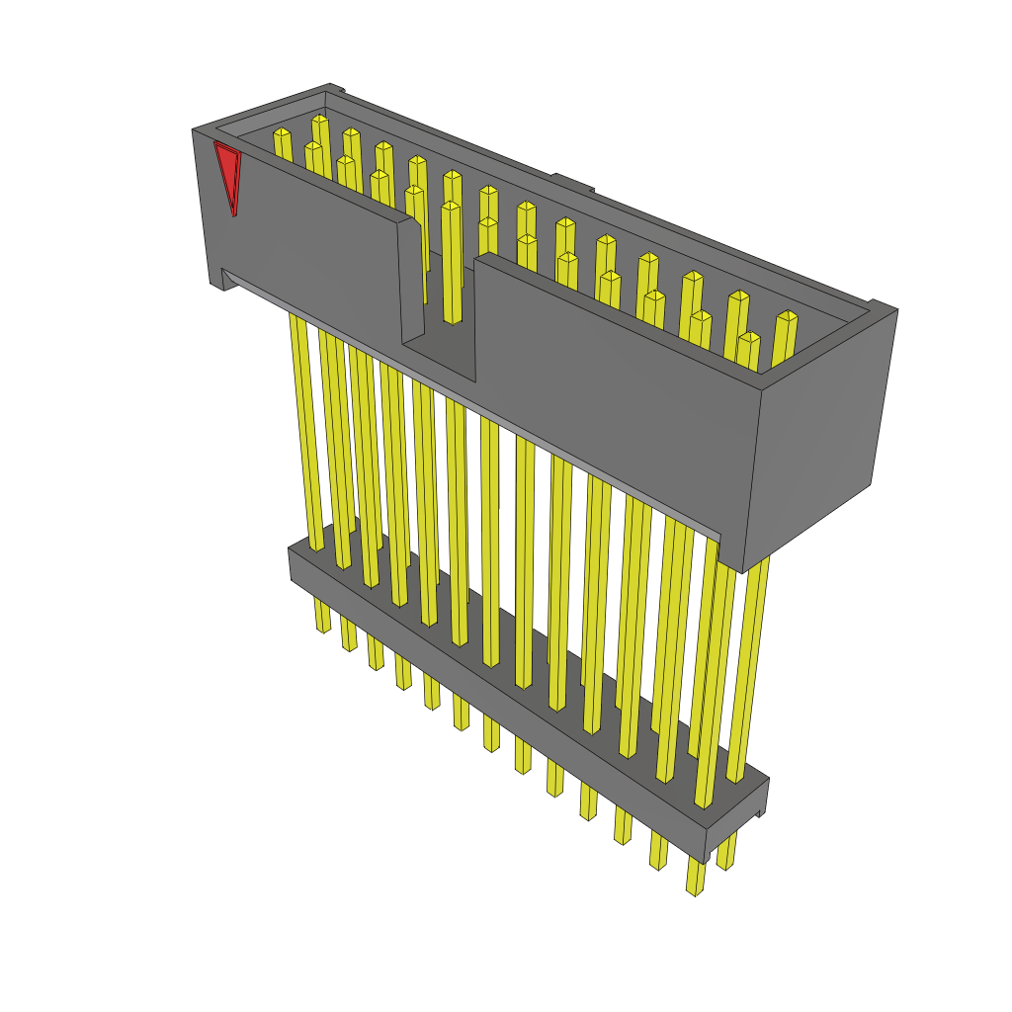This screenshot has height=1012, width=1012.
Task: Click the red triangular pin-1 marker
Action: [x=228, y=172]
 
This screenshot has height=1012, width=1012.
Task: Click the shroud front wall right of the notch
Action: [x=613, y=395]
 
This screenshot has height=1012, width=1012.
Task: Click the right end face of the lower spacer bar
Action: [x=736, y=820]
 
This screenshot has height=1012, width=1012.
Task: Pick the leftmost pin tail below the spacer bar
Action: [x=322, y=613]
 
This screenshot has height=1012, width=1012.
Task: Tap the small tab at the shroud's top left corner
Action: [x=335, y=89]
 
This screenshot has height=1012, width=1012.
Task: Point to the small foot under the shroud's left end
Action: [x=217, y=282]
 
